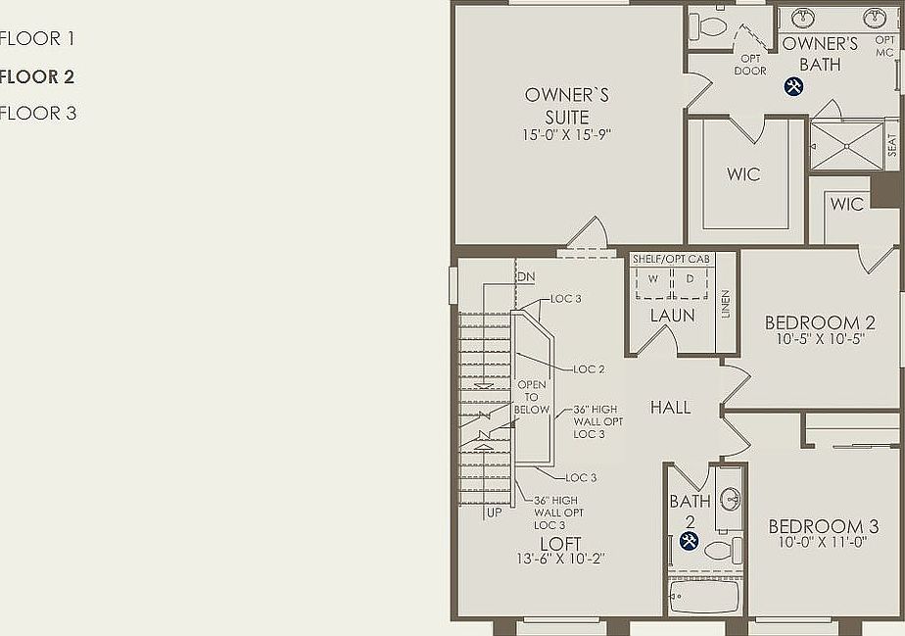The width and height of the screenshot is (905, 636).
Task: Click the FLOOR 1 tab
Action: tap(38, 39)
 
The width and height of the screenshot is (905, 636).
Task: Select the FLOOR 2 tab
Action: tap(38, 76)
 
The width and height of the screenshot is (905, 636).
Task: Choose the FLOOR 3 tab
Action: tap(38, 113)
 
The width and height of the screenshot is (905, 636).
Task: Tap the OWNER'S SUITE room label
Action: tap(567, 106)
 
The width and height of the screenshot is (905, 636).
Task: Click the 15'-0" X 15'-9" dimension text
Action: tap(567, 135)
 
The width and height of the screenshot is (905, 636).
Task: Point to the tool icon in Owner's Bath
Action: tap(793, 86)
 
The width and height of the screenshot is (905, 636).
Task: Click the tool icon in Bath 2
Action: tap(689, 541)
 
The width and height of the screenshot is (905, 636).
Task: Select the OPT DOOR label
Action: tap(750, 65)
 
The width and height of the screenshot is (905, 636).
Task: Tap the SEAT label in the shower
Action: tap(891, 145)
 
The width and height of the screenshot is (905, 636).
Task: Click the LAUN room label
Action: tap(673, 316)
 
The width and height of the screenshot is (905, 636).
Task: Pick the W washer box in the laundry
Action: tap(653, 279)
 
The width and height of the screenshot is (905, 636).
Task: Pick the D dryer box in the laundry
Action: tap(690, 279)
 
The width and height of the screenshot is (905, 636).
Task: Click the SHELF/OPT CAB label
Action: tap(671, 259)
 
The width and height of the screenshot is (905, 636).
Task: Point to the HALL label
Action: tap(671, 408)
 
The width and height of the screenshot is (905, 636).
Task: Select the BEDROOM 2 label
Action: tap(820, 323)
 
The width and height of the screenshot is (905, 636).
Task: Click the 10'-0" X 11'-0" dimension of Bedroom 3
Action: tap(823, 542)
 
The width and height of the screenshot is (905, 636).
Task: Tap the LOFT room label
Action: tap(560, 544)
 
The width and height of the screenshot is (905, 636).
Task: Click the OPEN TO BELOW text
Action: tap(533, 397)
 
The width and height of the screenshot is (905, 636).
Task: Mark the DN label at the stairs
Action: tap(526, 277)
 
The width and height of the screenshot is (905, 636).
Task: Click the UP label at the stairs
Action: tap(496, 512)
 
